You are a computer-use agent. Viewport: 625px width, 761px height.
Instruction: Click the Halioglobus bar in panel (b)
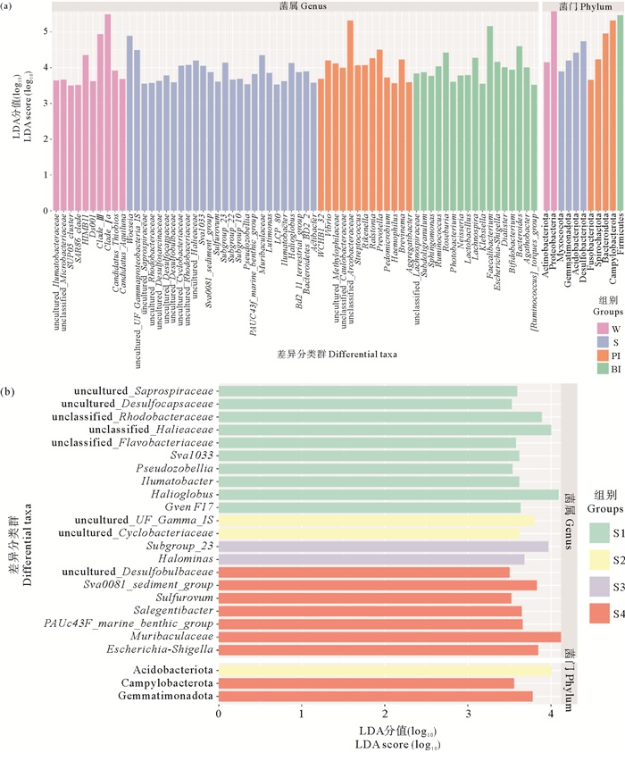click(x=388, y=494)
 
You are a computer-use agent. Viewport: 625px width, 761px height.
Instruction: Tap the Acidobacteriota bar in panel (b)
click(x=385, y=670)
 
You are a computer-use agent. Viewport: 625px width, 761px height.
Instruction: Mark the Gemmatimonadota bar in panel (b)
click(x=375, y=696)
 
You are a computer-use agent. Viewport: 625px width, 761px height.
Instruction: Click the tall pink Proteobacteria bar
click(x=554, y=112)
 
